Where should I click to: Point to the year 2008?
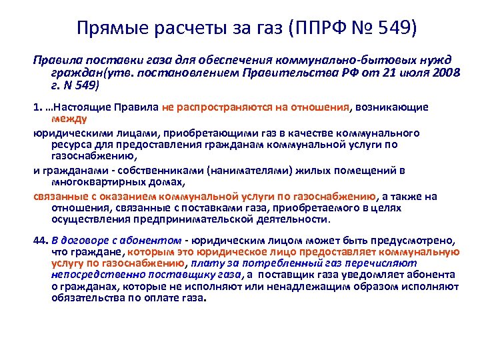click(445, 72)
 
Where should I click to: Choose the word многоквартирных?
click(93, 181)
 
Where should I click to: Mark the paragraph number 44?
click(39, 241)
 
